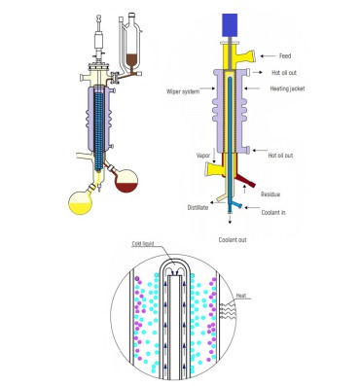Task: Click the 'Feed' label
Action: tap(284, 56)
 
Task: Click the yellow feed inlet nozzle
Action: tap(260, 54)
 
